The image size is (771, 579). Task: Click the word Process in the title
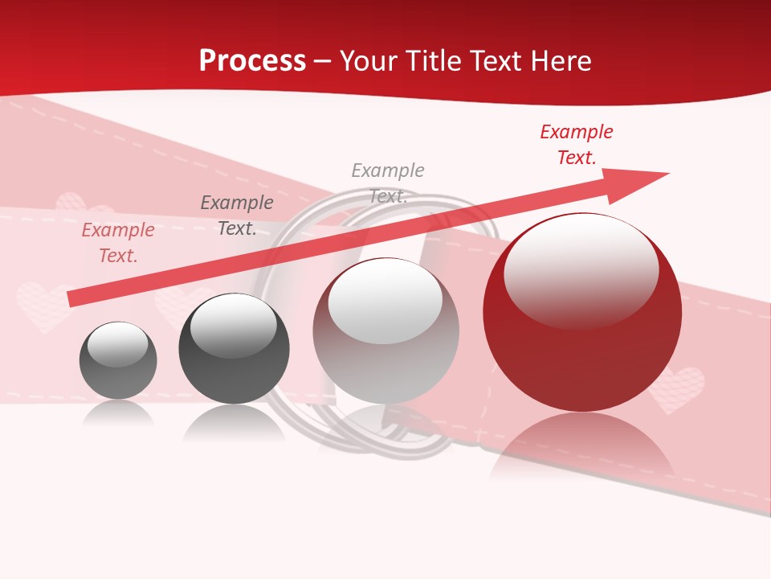tap(252, 60)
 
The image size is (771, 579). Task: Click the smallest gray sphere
tap(118, 361)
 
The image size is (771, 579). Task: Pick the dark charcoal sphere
tap(234, 349)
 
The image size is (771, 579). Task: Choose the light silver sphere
tap(385, 331)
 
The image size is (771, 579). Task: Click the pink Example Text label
tap(118, 243)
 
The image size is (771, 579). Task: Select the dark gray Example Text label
tap(237, 216)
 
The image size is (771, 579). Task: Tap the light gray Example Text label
tap(388, 183)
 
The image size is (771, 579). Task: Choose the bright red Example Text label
tap(577, 145)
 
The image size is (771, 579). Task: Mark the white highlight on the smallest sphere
tap(117, 344)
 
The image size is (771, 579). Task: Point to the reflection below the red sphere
tap(582, 446)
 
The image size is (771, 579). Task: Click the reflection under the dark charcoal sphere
tap(234, 422)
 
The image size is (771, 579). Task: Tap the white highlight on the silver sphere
tap(385, 301)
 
